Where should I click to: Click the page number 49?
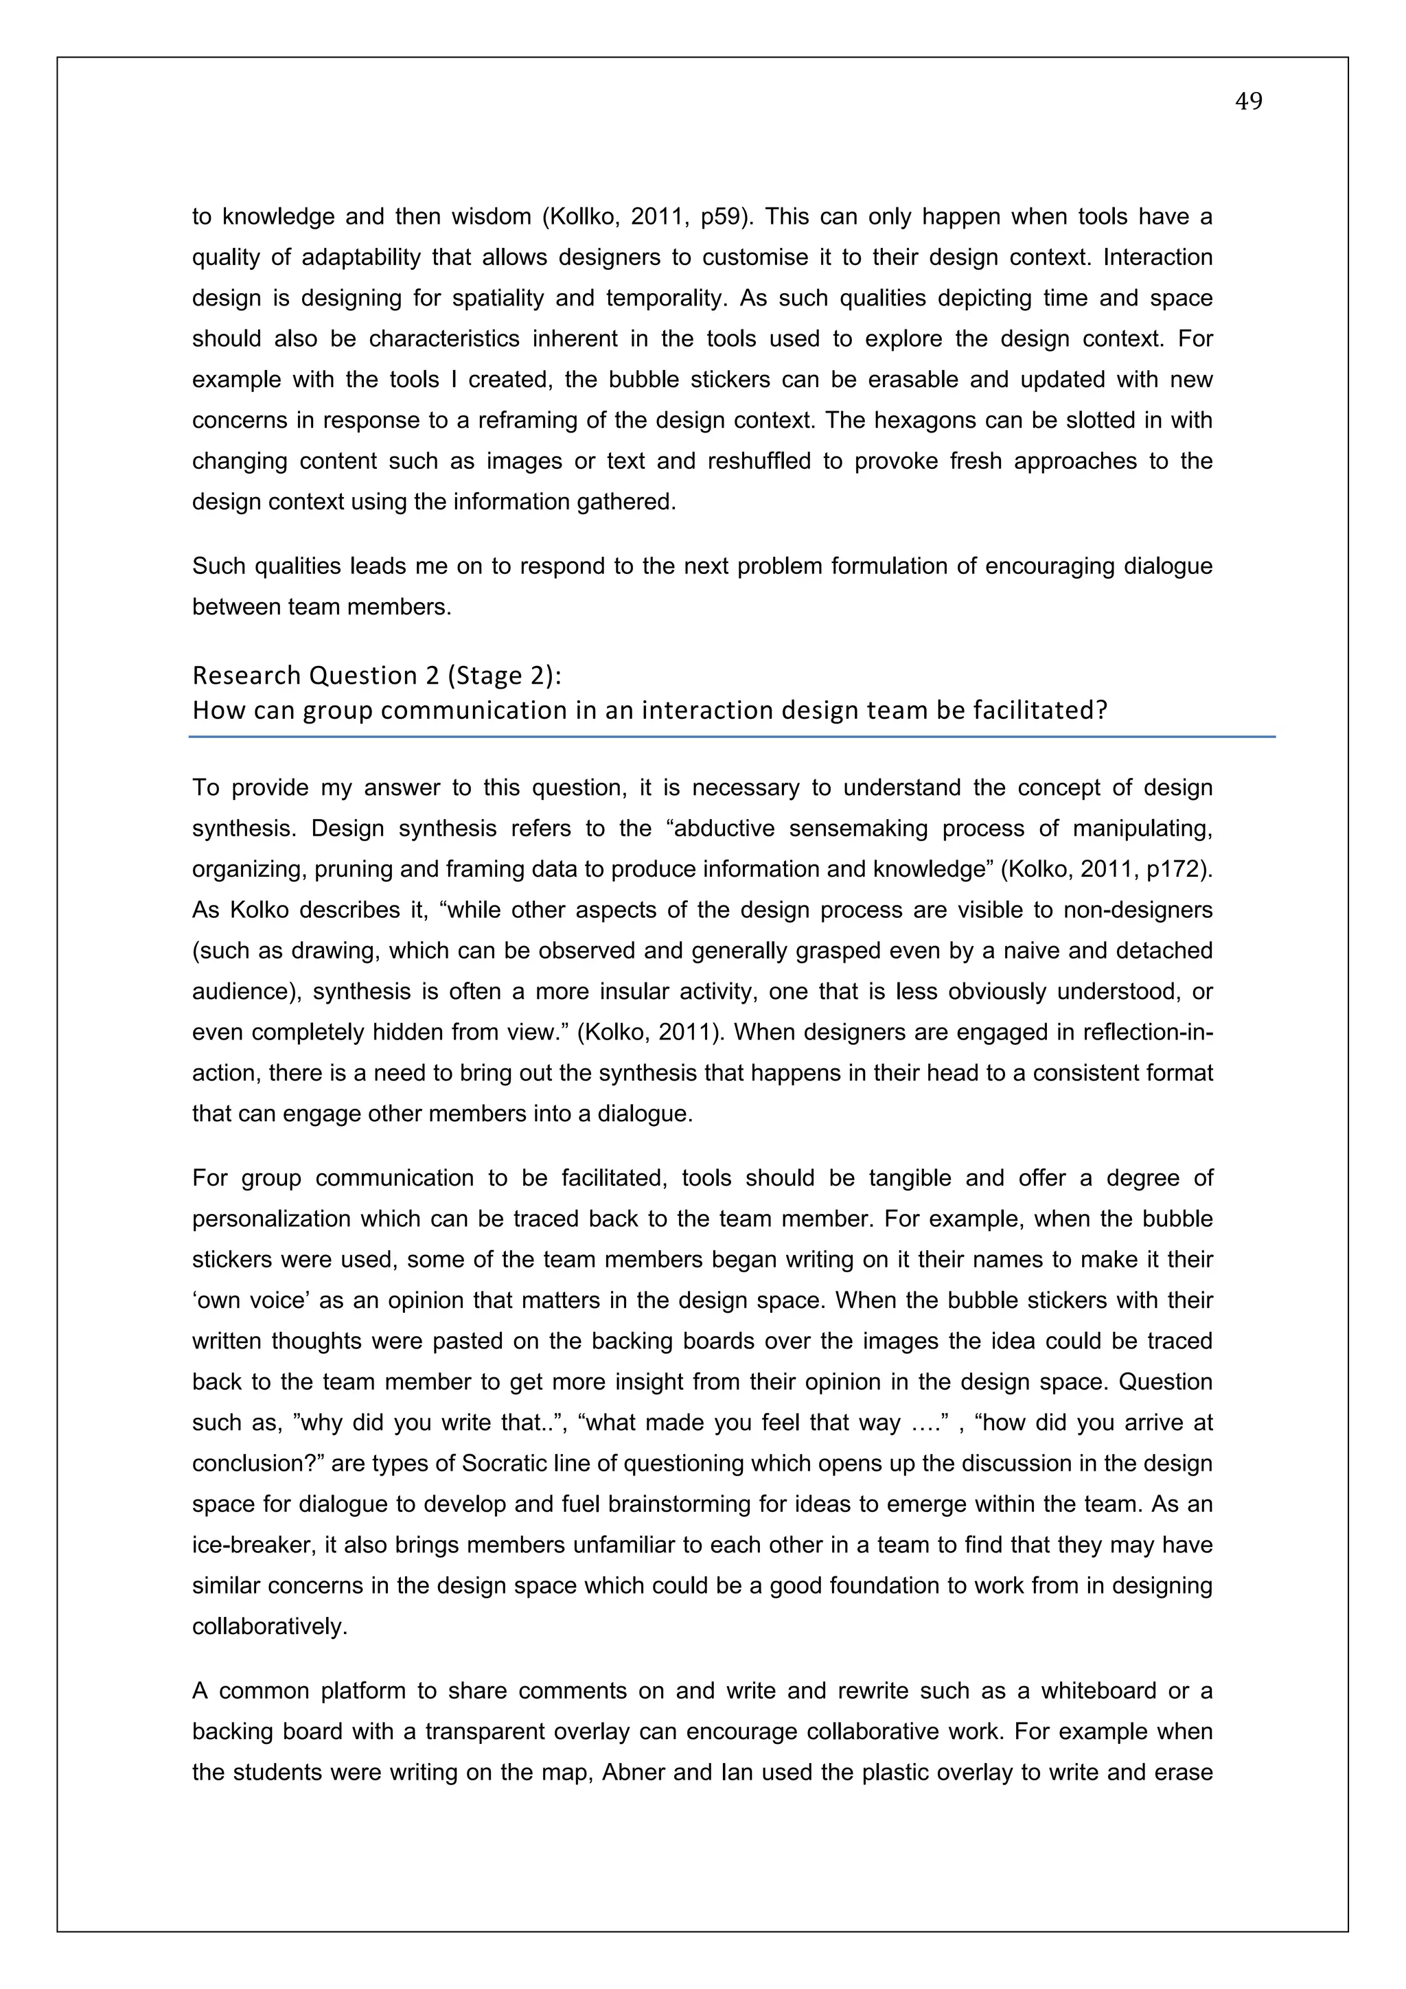[1248, 102]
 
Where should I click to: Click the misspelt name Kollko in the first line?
[579, 216]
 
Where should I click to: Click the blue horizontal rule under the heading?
[732, 736]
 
